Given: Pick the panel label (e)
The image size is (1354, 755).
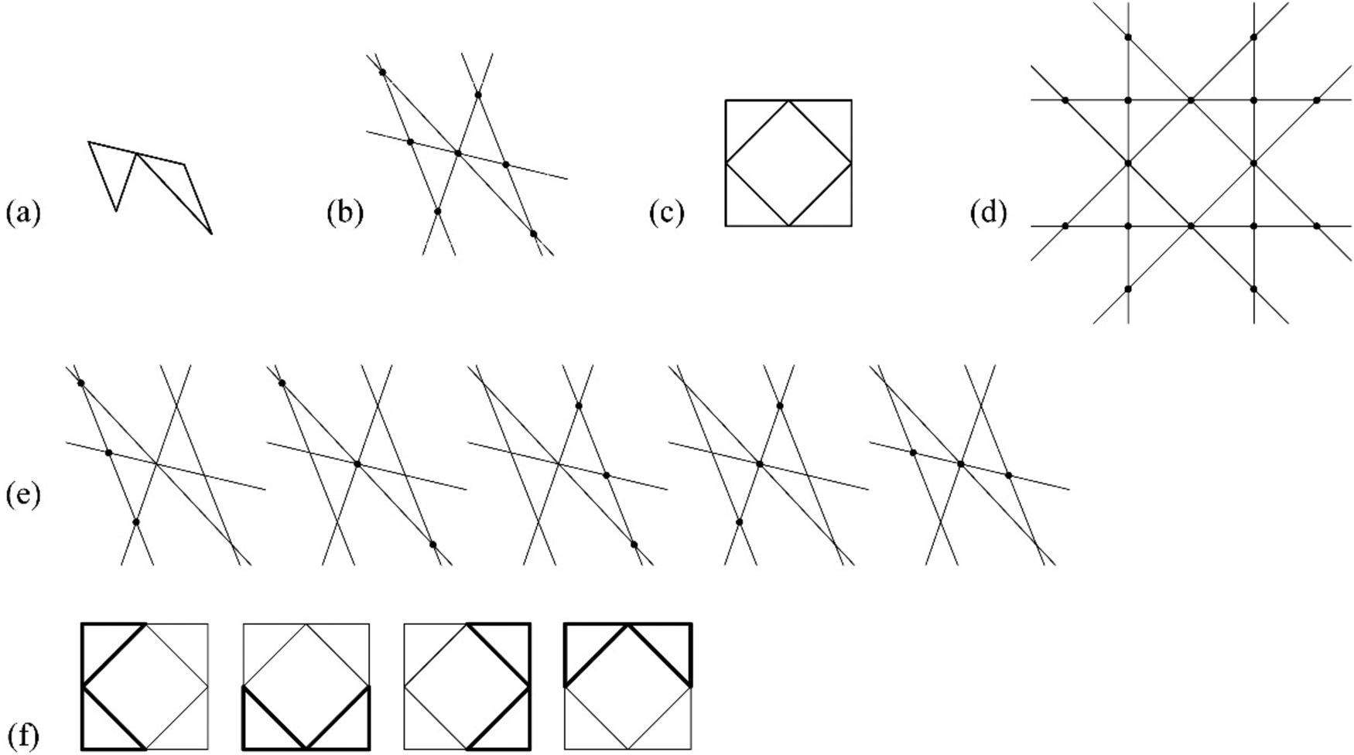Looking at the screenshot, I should [22, 494].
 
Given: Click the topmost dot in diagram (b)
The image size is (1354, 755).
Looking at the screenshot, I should [382, 73].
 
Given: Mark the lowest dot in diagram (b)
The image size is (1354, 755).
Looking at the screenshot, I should [533, 234].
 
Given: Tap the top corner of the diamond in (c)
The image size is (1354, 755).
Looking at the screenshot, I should [788, 101].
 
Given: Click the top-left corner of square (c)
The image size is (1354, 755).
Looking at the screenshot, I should [726, 101].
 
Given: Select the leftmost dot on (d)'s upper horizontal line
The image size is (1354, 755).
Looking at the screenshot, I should [1065, 101].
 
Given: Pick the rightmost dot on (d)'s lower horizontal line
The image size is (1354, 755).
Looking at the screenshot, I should [1317, 226].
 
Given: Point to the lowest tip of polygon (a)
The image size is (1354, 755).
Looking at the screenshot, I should [210, 233].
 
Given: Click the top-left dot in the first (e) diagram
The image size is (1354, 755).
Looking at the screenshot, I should [80, 384].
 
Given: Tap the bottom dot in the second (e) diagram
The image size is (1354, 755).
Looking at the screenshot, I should [433, 545].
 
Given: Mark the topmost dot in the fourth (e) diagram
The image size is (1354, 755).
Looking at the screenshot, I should [779, 405].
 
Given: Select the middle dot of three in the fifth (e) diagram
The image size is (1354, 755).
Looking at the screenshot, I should [961, 464].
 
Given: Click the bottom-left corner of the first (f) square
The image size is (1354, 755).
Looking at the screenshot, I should [82, 749].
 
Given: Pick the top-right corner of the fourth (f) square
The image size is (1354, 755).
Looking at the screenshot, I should [690, 623].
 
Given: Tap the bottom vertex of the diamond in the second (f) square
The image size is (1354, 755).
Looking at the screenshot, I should [306, 749].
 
